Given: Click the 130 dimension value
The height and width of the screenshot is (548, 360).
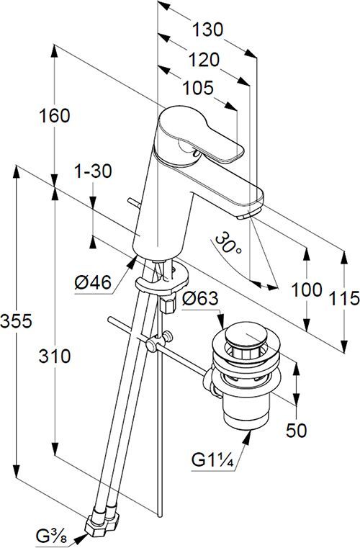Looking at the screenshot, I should [207, 30].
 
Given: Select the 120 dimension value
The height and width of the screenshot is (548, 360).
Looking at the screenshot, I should [202, 59].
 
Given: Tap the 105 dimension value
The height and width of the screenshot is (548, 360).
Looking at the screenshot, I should [198, 88].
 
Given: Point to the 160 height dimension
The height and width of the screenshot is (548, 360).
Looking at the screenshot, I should [55, 115].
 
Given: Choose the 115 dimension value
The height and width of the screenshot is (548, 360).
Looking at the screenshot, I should [342, 297].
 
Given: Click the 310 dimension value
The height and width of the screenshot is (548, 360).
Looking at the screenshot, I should [55, 356].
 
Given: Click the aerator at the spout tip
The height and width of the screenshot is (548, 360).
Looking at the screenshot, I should [245, 214].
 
